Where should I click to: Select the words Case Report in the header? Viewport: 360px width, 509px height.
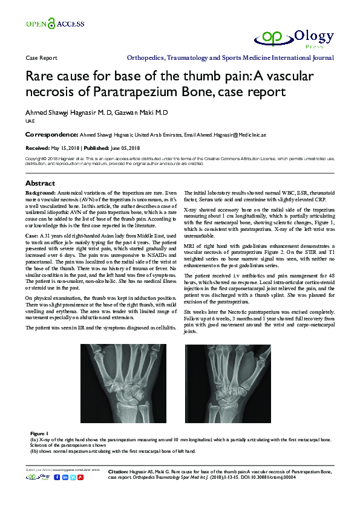(41, 59)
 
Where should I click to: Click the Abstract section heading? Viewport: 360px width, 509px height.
(40, 183)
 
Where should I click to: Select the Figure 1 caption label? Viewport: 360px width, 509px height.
(39, 433)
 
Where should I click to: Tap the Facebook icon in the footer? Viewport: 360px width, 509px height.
(57, 478)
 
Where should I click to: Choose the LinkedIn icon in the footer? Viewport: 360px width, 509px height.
(65, 478)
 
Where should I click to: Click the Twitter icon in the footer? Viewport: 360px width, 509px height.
(73, 478)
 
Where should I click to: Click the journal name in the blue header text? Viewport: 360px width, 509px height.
(230, 59)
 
